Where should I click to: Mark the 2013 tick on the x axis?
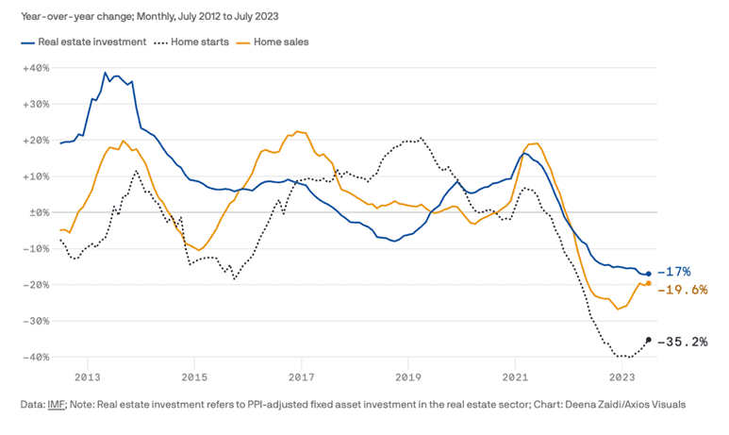[x=88, y=377]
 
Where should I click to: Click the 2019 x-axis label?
[x=408, y=377]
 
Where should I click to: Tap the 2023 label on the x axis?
[x=622, y=377]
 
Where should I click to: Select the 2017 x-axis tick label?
[x=302, y=377]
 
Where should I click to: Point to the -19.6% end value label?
[x=683, y=290]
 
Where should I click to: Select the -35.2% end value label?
[x=683, y=342]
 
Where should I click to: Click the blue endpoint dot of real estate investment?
[x=648, y=274]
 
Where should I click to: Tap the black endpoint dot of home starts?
[x=648, y=340]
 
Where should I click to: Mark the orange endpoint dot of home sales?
[x=648, y=283]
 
